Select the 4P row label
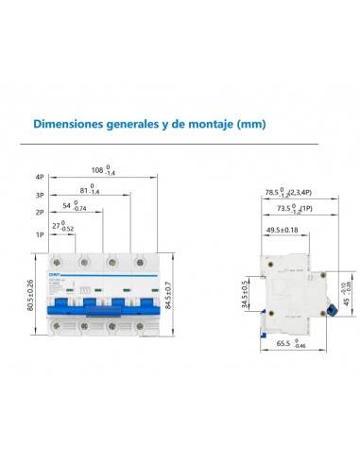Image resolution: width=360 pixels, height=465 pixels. (39, 176)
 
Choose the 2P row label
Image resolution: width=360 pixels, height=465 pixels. (39, 214)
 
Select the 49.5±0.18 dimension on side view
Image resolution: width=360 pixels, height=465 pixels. (282, 229)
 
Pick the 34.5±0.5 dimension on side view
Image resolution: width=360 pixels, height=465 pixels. (246, 294)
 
